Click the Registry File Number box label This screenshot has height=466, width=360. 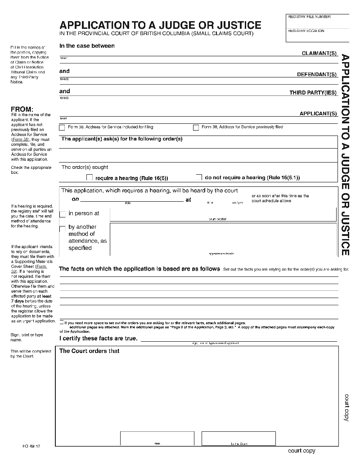pos(309,17)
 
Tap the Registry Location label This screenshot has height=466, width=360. pos(306,31)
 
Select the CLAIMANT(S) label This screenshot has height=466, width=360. pos(319,53)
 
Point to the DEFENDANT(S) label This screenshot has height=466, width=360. pos(317,74)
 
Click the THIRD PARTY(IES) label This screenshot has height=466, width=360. pos(313,93)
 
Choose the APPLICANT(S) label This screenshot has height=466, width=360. pos(318,113)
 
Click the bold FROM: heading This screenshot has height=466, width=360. pos(22,109)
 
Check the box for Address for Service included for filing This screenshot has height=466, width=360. pos(62,127)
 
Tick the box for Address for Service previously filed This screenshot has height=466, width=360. pos(196,127)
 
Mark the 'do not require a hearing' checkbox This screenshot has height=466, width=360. pos(199,177)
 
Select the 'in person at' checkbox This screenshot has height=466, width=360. pos(63,214)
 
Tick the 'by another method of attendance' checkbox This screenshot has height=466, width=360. pos(63,229)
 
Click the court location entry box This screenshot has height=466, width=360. pos(223,214)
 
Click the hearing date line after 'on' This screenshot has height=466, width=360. pos(131,199)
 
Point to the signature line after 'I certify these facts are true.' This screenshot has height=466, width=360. pos(238,339)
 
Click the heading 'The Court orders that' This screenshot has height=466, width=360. pos(90,351)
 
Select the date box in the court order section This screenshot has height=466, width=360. pos(157,438)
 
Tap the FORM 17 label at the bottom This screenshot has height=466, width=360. pos(31,446)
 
